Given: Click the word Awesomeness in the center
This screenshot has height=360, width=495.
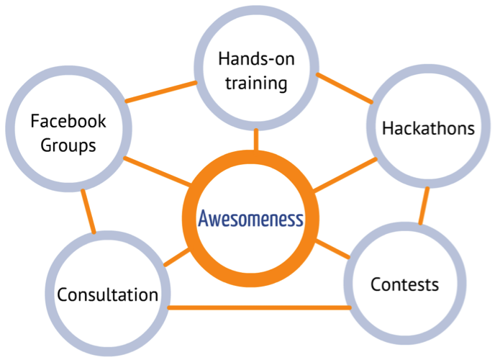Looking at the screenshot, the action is click(250, 219).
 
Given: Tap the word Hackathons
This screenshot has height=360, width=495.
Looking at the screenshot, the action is click(428, 128).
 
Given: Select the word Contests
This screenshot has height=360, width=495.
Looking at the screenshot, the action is click(404, 284).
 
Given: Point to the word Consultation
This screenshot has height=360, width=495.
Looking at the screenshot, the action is click(108, 294).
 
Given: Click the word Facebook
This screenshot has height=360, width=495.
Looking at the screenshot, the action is click(68, 121).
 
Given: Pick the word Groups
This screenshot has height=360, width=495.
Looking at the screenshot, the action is click(68, 145).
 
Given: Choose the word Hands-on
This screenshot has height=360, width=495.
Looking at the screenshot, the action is click(256, 59).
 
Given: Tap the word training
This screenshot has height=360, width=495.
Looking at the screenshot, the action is click(256, 83).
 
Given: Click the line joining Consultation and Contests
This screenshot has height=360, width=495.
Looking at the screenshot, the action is click(259, 307).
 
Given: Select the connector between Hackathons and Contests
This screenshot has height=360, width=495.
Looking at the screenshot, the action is click(424, 206).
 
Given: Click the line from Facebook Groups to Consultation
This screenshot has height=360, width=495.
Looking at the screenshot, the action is click(88, 211).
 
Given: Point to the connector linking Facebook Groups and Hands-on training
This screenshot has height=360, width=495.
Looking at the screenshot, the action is click(161, 91).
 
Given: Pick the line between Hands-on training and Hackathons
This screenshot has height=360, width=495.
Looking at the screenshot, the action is click(345, 89).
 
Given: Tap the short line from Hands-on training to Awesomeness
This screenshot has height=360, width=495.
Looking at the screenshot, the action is click(256, 140).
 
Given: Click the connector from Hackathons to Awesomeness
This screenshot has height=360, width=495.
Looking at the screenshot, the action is click(345, 175).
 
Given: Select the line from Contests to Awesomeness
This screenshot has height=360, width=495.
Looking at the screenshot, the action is click(332, 249).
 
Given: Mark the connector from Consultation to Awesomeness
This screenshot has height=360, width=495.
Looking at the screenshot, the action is click(177, 257).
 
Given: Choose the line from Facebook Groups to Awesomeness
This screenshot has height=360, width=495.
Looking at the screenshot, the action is click(158, 171).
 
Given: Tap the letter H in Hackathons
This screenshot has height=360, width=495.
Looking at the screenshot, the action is click(388, 128).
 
